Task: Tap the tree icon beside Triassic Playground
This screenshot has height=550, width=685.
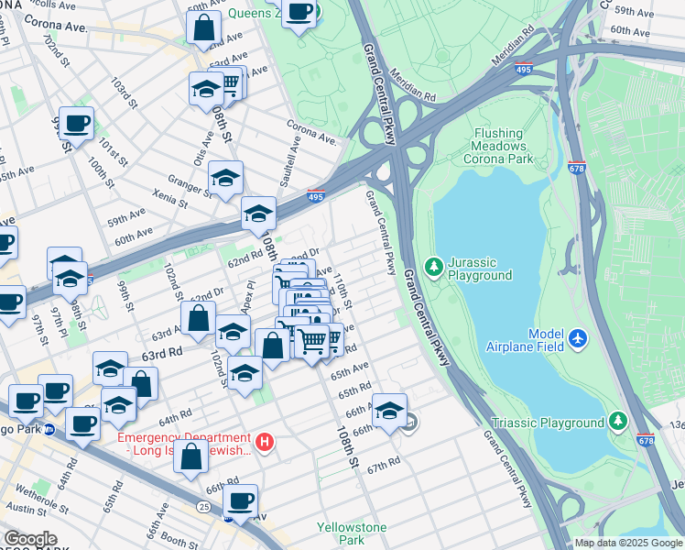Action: (x=619, y=422)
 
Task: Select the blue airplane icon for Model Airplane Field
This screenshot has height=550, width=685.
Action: (x=577, y=338)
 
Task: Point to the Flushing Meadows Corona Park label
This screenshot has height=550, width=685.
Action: (x=499, y=146)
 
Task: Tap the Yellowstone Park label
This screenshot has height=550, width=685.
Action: (x=352, y=533)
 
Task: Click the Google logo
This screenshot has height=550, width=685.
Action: (x=30, y=539)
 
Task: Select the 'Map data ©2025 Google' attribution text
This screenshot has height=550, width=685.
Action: (x=628, y=543)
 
